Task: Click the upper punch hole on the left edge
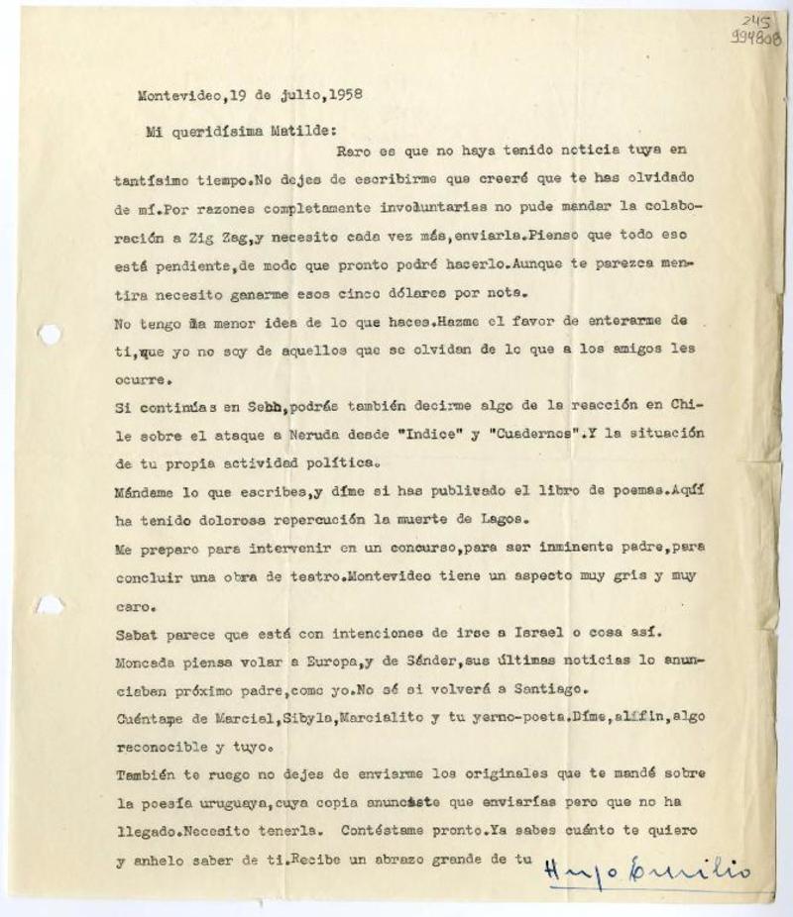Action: pyautogui.click(x=49, y=335)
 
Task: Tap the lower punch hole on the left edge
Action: pyautogui.click(x=50, y=604)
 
